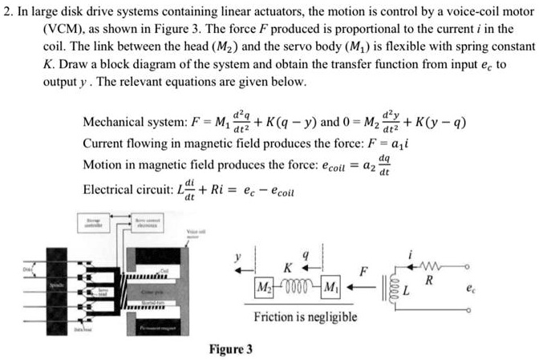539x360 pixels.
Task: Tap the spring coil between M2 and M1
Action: [297, 286]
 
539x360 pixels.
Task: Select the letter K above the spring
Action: [287, 265]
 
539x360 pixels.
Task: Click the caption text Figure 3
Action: [231, 349]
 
